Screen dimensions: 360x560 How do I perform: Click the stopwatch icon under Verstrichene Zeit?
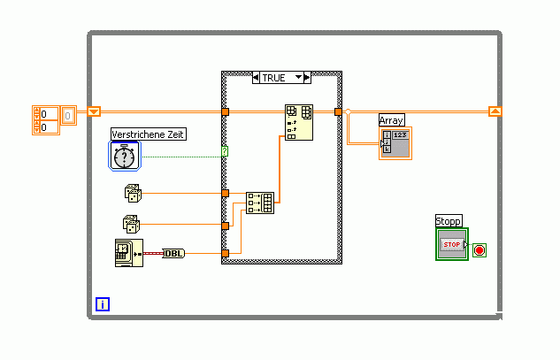(126, 156)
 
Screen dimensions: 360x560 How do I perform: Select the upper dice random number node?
(133, 192)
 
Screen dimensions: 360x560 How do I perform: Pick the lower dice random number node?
(131, 225)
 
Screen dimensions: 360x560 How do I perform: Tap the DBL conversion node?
(174, 254)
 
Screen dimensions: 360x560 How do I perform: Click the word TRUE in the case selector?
(274, 78)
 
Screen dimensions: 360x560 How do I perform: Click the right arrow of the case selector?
(307, 78)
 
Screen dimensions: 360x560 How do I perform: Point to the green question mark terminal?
(225, 152)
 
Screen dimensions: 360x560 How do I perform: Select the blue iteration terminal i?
(103, 305)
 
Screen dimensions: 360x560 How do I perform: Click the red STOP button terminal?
(452, 244)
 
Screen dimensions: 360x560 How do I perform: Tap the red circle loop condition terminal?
(479, 250)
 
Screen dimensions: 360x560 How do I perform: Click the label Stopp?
(449, 220)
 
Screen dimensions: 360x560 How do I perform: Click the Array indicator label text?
(391, 119)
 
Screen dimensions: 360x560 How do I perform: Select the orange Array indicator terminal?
(395, 142)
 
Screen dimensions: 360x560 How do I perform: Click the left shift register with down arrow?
(94, 111)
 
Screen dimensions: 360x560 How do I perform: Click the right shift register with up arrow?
(495, 111)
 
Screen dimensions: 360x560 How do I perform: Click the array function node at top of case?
(298, 122)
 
